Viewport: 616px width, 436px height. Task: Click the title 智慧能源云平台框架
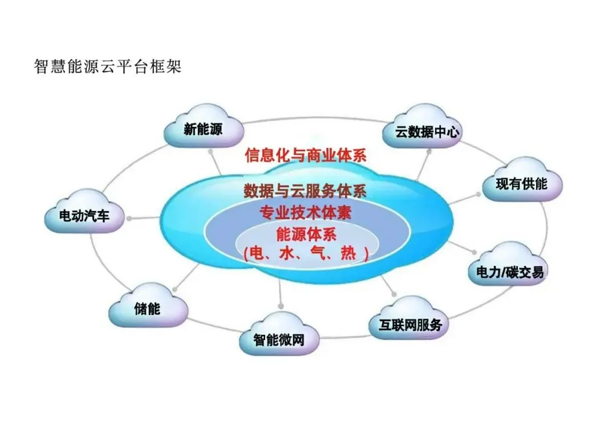(107, 67)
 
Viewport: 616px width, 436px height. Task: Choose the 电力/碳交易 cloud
(510, 271)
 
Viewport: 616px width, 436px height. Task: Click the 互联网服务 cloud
(410, 324)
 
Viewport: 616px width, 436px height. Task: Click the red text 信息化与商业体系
(305, 155)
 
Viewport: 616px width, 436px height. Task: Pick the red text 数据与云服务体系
(305, 191)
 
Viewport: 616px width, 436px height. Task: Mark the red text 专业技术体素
(305, 213)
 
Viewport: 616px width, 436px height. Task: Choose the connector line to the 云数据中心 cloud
(423, 166)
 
